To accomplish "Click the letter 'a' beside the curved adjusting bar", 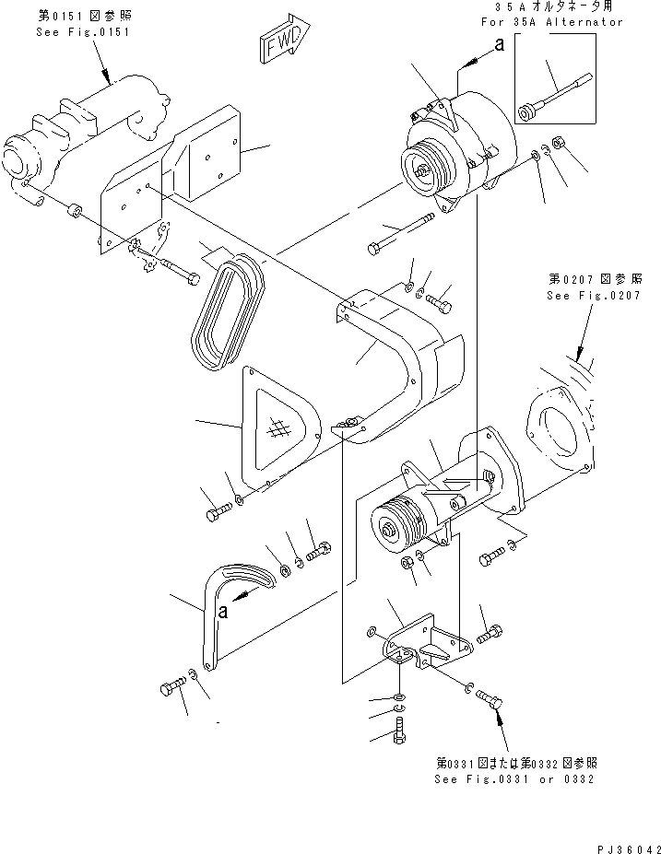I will (223, 611).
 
